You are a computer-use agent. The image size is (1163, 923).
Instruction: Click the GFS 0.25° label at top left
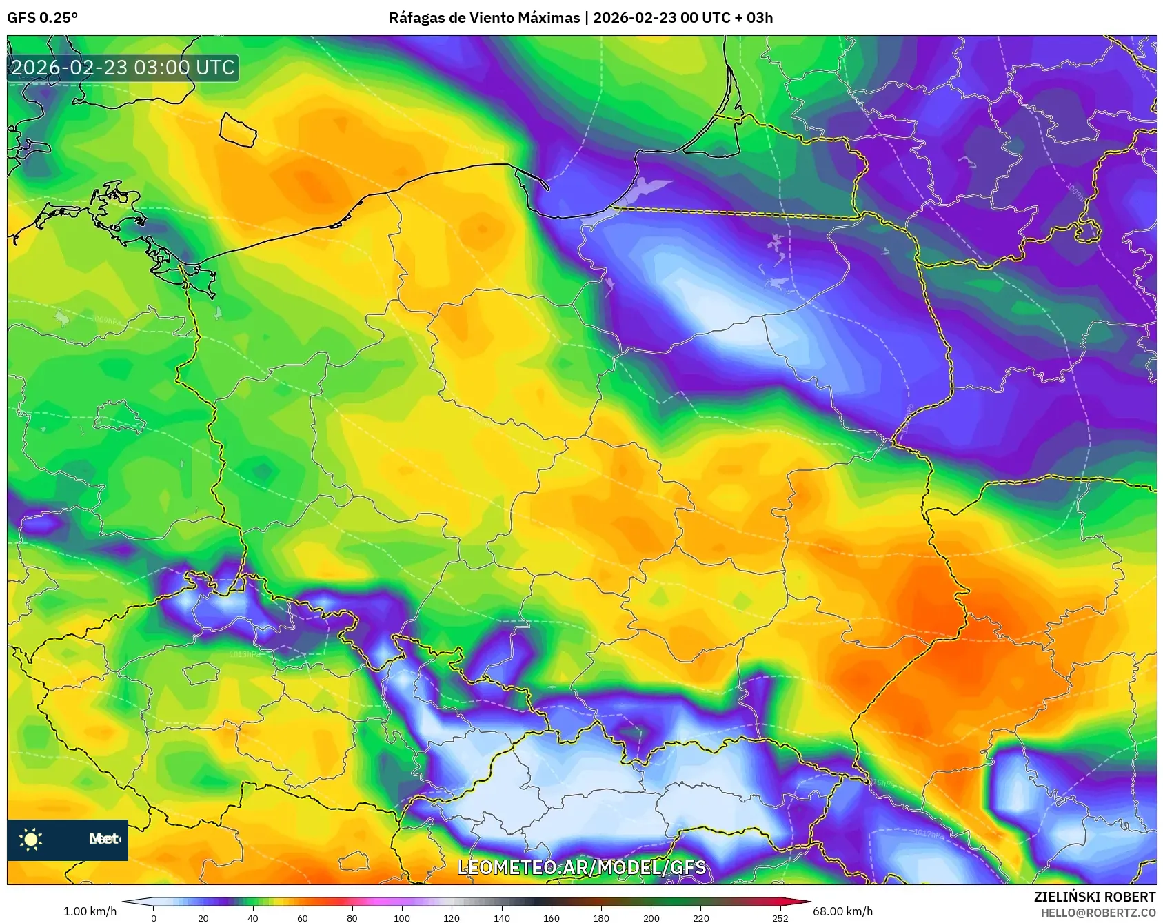point(42,18)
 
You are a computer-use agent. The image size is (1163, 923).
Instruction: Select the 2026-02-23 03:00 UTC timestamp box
point(123,68)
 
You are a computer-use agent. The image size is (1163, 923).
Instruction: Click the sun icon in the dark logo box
point(31,839)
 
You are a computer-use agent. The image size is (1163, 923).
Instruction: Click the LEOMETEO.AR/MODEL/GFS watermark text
point(581,867)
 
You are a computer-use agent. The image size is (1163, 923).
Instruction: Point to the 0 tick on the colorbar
point(153,917)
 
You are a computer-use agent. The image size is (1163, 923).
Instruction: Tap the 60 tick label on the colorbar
point(302,917)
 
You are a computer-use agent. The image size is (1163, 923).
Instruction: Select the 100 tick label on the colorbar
point(401,917)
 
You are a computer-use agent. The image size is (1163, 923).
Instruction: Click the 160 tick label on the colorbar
point(551,917)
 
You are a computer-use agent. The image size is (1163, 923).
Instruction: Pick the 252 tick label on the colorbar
point(780,917)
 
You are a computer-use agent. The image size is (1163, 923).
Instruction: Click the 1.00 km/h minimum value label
point(90,911)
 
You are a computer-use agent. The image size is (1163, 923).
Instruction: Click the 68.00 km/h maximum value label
point(842,911)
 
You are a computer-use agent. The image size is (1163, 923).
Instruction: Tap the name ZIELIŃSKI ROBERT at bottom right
point(1094,897)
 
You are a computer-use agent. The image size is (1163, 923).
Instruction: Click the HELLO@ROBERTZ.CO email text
point(1098,913)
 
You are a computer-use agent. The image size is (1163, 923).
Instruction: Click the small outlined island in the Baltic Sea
point(238,130)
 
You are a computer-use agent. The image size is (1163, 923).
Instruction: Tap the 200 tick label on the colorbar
point(651,917)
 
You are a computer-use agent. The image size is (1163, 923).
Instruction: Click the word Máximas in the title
point(549,18)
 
